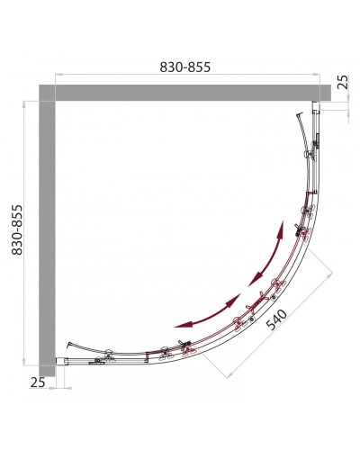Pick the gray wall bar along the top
click(180, 93)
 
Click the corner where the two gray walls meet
click(47, 93)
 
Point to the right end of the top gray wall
click(321, 93)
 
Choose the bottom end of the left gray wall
click(47, 364)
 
